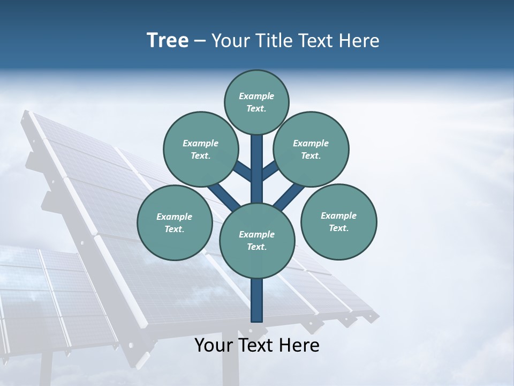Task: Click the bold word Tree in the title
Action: (168, 40)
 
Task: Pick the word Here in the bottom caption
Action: (299, 345)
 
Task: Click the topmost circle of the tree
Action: (256, 102)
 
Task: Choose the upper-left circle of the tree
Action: (200, 149)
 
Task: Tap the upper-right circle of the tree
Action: (311, 149)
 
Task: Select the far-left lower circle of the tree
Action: (175, 222)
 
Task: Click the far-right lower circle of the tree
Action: (338, 221)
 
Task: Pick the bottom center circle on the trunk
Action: (257, 241)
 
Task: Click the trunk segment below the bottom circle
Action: (257, 300)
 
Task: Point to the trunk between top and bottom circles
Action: (257, 169)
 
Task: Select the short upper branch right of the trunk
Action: (270, 171)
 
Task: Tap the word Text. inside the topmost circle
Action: (256, 108)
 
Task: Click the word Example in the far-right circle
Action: (338, 216)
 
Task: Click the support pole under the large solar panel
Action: (230, 365)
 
